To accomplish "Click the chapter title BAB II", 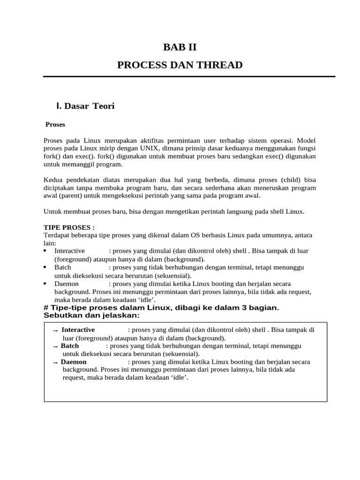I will [180, 47].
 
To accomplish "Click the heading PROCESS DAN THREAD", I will [180, 65].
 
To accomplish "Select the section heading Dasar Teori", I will [89, 106].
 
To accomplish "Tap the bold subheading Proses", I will [55, 125].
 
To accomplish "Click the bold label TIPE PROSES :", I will [69, 227].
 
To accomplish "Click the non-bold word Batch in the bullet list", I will [63, 267].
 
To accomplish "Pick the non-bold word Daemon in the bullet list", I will [67, 284].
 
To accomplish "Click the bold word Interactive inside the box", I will [78, 330].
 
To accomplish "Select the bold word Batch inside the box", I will [70, 345].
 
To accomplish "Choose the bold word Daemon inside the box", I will [74, 362].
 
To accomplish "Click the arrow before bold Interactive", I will [56, 330].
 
